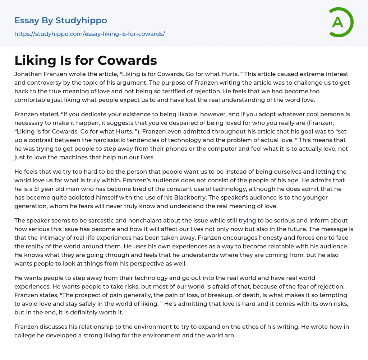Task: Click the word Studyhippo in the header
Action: (x=81, y=20)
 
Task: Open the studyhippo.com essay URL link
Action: (x=89, y=34)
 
